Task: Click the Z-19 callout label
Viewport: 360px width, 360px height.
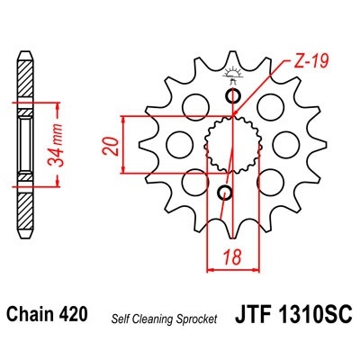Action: (x=310, y=60)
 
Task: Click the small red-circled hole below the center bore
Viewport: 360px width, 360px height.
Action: (x=225, y=192)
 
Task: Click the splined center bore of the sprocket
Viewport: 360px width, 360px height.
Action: (x=229, y=144)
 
